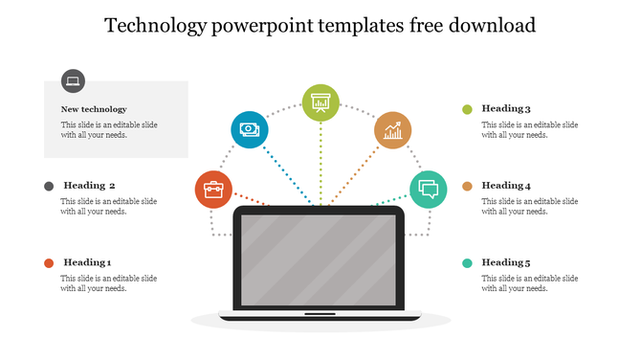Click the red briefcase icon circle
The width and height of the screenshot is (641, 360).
coord(213,190)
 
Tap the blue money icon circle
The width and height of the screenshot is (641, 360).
coord(249,129)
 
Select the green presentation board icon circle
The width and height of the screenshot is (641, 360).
coord(320,102)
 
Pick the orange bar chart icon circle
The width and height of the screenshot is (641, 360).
coord(392,129)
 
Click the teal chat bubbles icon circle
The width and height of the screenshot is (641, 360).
coord(428,190)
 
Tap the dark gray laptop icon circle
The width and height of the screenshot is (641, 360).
coord(73,81)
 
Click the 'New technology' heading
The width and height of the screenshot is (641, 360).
coord(94,109)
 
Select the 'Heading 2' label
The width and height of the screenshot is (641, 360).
coord(90,186)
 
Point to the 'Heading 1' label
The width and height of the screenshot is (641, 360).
coord(88,262)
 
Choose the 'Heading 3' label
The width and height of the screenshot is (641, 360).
coord(506,109)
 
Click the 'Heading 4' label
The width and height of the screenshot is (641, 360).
coord(506,186)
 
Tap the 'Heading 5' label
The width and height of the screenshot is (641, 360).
coord(506,262)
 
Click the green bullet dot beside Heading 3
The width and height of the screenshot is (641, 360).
coord(468,109)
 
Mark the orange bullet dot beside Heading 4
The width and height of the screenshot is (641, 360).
coord(468,186)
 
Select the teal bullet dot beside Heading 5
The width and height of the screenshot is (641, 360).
coord(468,263)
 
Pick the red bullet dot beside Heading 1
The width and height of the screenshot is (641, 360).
coord(48,263)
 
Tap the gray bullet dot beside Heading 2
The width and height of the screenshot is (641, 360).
coord(48,186)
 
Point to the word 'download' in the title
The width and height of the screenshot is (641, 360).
coord(488,26)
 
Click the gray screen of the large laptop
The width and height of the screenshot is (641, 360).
coord(319,259)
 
